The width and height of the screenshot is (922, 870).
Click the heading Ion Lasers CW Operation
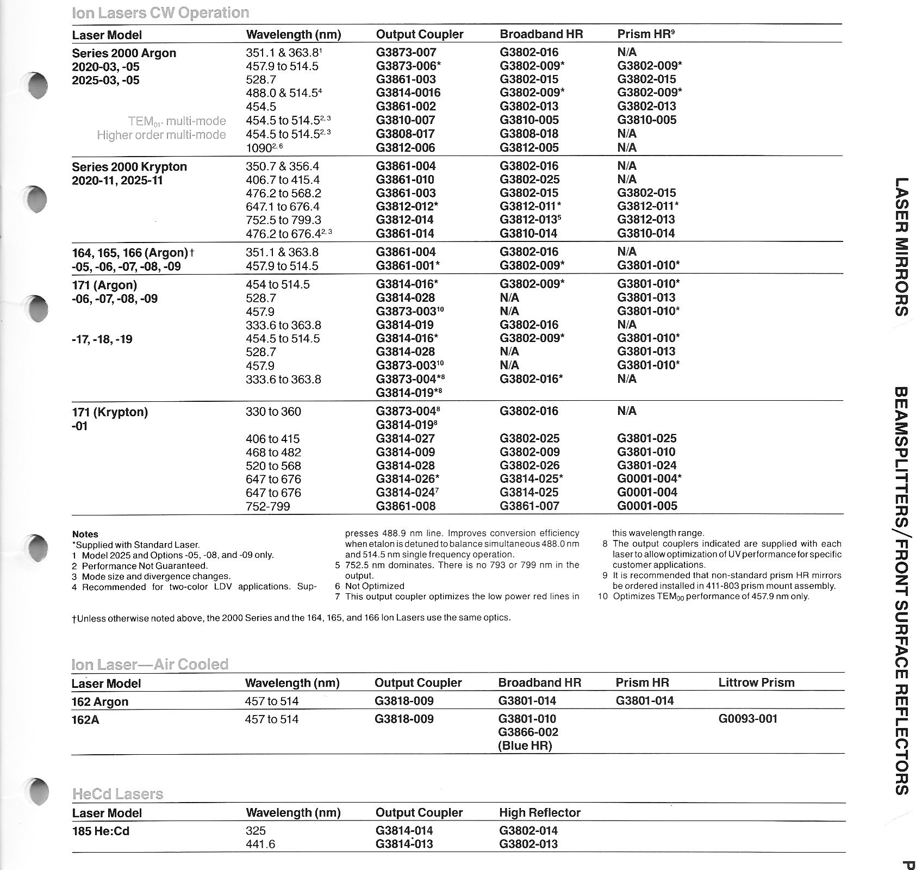(x=160, y=13)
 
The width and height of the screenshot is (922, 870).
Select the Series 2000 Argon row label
(x=124, y=53)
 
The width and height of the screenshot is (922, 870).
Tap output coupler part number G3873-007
(x=406, y=53)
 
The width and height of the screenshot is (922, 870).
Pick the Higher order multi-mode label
(x=161, y=135)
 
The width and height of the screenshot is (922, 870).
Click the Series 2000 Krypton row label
(x=129, y=167)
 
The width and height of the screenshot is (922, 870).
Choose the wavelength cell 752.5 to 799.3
(x=283, y=220)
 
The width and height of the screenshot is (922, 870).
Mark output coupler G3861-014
(x=405, y=233)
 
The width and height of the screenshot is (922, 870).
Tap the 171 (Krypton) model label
(x=110, y=412)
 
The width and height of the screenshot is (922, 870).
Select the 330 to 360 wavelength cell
(x=273, y=412)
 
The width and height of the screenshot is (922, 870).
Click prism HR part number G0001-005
(x=647, y=506)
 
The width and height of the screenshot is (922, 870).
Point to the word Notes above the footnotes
(x=85, y=534)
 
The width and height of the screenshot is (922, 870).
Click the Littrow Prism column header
(x=756, y=682)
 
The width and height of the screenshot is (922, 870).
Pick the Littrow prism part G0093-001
(x=747, y=719)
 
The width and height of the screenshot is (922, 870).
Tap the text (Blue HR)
(x=525, y=745)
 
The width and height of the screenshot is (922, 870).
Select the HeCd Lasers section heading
(x=117, y=794)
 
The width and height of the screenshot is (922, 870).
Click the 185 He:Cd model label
(x=101, y=831)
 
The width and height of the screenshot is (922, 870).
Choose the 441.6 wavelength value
(x=260, y=844)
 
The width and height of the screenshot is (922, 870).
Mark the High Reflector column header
(x=539, y=812)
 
